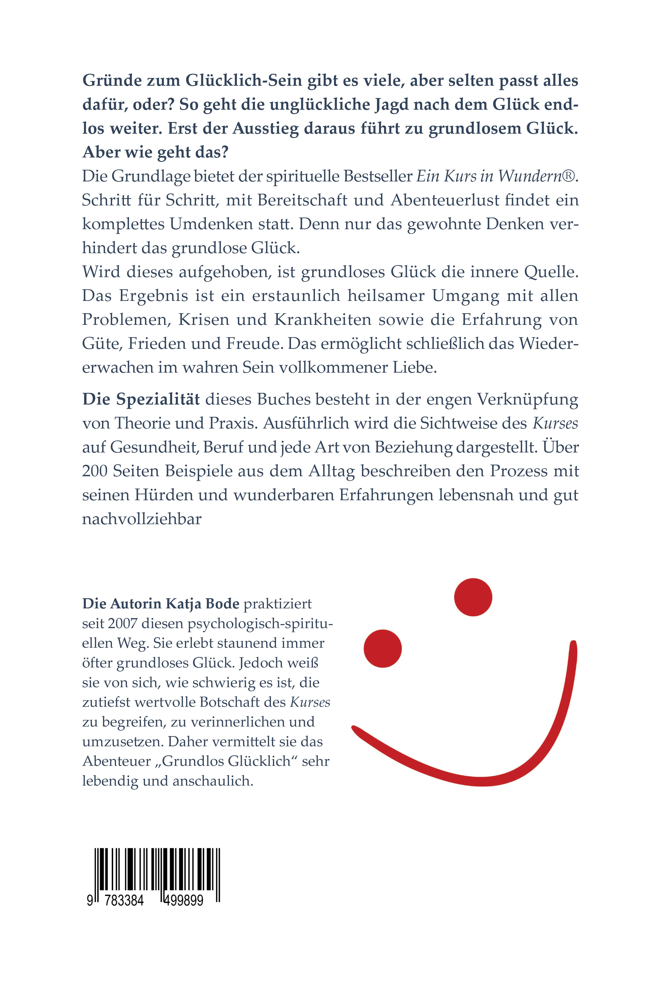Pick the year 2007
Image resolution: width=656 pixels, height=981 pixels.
[122, 623]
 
